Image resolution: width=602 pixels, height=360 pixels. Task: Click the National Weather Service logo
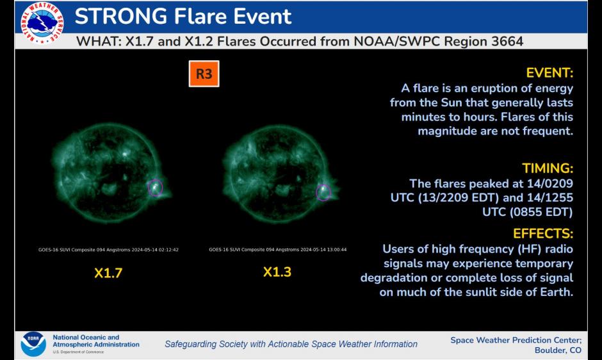(x=42, y=24)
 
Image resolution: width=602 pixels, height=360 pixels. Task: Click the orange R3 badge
(x=204, y=74)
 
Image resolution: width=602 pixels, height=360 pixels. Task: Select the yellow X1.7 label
(x=108, y=273)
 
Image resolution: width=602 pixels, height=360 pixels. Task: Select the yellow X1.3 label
(x=277, y=272)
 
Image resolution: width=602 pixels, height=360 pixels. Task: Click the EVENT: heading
(x=549, y=72)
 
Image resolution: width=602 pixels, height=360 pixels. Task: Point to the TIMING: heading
(x=547, y=168)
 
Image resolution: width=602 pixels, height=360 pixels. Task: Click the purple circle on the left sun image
(x=155, y=187)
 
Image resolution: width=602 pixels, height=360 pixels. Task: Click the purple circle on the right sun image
(x=323, y=192)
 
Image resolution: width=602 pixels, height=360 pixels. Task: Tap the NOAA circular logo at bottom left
(x=33, y=344)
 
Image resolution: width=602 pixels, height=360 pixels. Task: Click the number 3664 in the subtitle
(x=502, y=42)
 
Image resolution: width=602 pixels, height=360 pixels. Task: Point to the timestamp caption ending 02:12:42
(x=108, y=250)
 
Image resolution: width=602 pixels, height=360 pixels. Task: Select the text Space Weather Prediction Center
(x=515, y=340)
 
